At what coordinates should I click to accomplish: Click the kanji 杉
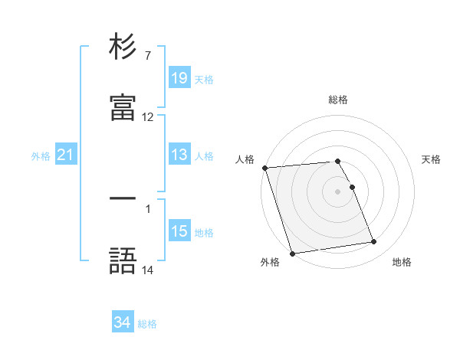[x=123, y=48]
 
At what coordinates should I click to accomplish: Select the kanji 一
[x=123, y=198]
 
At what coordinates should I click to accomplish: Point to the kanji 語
[x=123, y=261]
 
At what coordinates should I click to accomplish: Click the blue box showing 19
[x=179, y=78]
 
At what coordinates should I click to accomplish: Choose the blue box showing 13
[x=179, y=155]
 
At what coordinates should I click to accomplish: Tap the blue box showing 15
[x=179, y=231]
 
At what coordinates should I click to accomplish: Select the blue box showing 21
[x=66, y=155]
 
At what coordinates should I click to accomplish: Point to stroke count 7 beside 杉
[x=147, y=57]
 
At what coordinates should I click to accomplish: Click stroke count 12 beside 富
[x=148, y=117]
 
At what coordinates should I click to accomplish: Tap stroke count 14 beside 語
[x=148, y=270]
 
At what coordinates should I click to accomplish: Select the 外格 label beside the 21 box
[x=41, y=156]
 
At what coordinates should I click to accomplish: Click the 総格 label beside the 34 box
[x=147, y=324]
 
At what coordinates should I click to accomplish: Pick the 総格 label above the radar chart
[x=338, y=100]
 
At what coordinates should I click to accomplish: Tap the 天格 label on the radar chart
[x=432, y=159]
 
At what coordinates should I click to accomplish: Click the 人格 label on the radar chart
[x=244, y=159]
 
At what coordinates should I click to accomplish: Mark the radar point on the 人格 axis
[x=265, y=168]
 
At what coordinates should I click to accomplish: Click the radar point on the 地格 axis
[x=374, y=242]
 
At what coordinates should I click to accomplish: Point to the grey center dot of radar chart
[x=338, y=191]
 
